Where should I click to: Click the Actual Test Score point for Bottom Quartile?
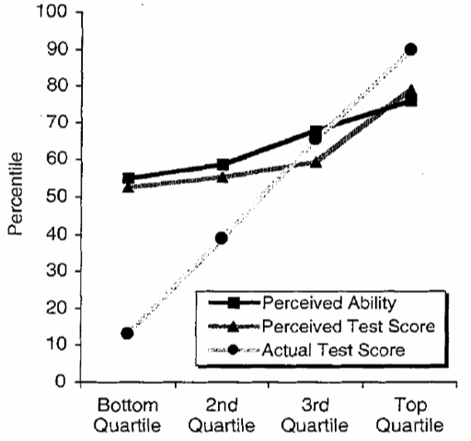point(127,333)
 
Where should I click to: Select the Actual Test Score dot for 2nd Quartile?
point(222,238)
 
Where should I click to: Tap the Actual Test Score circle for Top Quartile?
point(410,50)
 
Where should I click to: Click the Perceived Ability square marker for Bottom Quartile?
point(128,178)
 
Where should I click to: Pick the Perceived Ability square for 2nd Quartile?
point(223,165)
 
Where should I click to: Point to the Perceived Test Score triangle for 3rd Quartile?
point(316,162)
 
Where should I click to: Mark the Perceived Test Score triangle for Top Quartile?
point(410,91)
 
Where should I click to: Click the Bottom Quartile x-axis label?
point(127,414)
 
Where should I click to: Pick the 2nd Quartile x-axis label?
point(222,414)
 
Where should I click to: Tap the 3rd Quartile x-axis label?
point(316,414)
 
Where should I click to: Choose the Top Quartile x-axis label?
point(410,414)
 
